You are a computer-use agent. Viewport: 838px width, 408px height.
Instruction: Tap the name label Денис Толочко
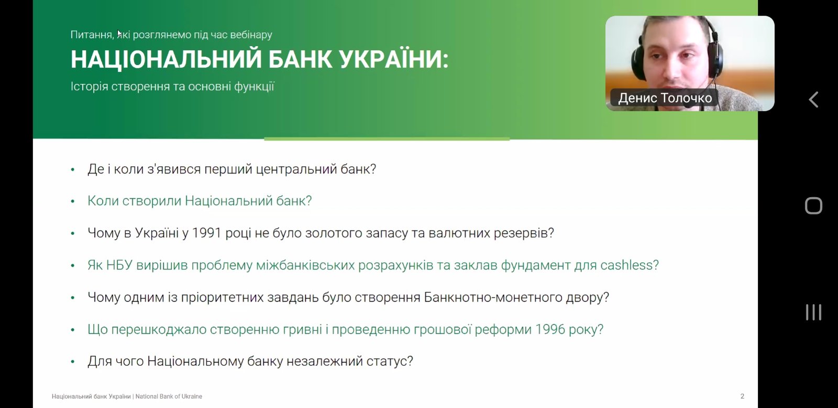665,98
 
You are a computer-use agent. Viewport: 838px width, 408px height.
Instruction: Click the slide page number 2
742,396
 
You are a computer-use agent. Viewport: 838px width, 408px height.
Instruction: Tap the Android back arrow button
814,100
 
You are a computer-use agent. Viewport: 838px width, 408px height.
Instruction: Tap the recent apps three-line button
814,312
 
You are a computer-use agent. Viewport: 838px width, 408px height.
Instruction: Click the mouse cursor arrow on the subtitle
119,34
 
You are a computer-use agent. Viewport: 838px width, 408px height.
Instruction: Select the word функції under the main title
254,87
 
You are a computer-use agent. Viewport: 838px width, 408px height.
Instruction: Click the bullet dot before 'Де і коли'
73,170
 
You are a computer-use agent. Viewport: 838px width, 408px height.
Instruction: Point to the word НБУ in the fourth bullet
119,265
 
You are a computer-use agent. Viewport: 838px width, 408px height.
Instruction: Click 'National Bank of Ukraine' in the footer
169,396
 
